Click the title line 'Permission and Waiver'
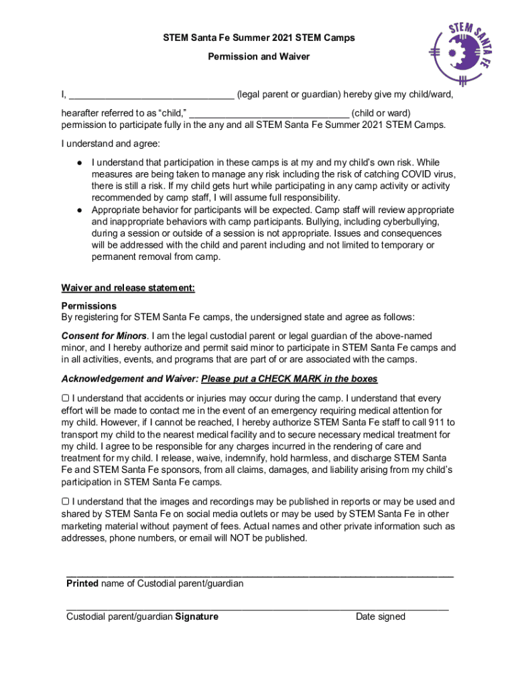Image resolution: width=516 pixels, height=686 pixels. (x=259, y=57)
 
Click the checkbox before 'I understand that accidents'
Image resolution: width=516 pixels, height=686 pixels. (x=65, y=399)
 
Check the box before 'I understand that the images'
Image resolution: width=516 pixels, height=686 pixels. (x=65, y=501)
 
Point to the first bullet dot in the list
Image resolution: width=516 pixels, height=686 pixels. (x=79, y=162)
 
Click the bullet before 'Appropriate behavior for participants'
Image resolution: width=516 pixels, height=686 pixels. (x=79, y=210)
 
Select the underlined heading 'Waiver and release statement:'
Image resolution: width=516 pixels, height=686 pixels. (x=128, y=288)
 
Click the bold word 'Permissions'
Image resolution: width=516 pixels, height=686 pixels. (x=89, y=305)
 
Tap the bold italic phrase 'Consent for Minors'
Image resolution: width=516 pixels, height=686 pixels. (x=104, y=335)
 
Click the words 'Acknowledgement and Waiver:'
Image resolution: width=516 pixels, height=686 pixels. (x=130, y=379)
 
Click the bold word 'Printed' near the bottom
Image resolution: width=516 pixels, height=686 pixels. (x=82, y=584)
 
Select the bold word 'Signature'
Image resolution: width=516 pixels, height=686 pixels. (x=196, y=616)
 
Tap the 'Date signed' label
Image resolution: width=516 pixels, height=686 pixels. (x=380, y=616)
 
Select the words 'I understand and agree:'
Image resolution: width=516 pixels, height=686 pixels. (x=111, y=143)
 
